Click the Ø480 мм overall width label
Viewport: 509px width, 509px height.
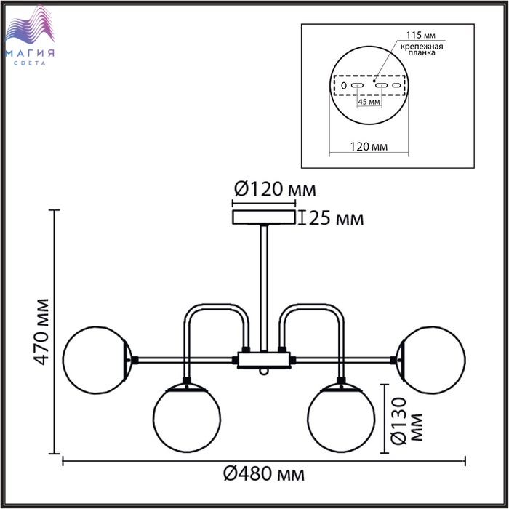[264, 474]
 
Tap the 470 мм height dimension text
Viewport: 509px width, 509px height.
[42, 332]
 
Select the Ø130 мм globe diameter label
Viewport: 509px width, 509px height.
[407, 421]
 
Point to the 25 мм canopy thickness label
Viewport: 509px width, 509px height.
[336, 218]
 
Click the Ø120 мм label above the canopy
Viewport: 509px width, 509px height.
[275, 189]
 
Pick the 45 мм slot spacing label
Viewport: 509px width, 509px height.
[369, 102]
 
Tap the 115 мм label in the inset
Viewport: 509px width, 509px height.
[421, 35]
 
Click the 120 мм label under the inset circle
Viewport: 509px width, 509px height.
[369, 147]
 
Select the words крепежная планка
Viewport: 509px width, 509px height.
[422, 49]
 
